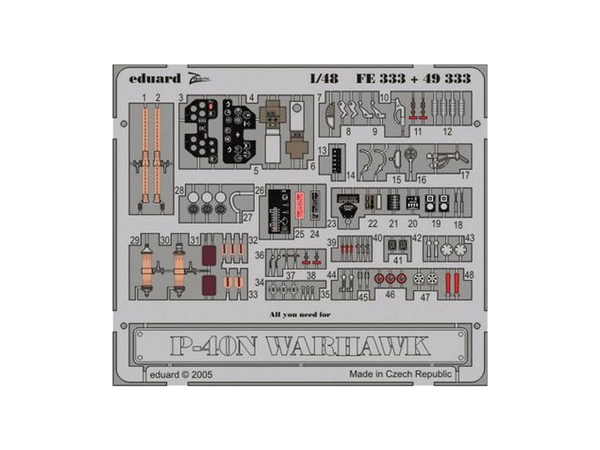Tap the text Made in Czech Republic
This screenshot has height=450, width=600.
point(400,374)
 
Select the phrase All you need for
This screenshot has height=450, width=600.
point(300,315)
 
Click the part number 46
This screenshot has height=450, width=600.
point(390,296)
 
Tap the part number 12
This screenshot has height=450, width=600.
point(448,132)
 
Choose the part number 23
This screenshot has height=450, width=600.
point(332,223)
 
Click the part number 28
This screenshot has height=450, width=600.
point(179,190)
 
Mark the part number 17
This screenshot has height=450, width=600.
point(465,175)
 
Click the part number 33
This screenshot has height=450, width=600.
point(254,295)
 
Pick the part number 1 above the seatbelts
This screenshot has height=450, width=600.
point(144,96)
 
